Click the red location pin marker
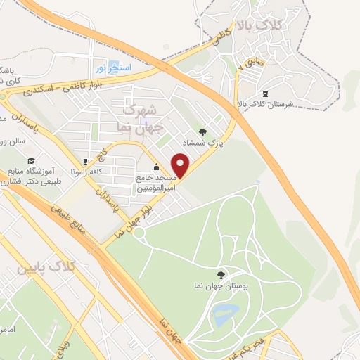181,166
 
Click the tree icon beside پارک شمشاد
202,131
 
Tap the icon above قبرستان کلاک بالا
264,94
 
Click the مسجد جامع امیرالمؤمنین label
155,181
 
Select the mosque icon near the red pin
155,168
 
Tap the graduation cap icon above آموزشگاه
32,161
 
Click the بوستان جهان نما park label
224,287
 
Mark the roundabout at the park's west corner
139,232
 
